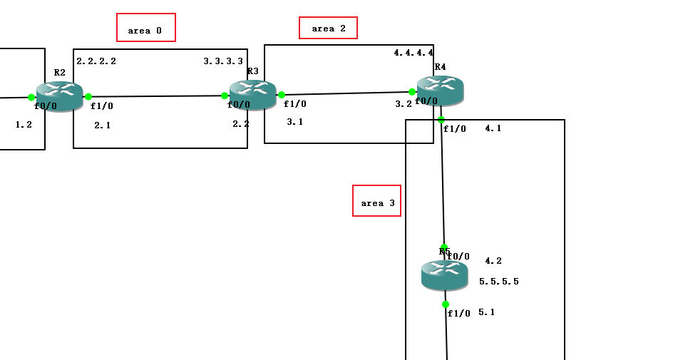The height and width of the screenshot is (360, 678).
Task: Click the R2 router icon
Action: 60,96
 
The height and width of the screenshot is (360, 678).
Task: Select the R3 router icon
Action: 253,95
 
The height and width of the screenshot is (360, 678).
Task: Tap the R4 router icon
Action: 441,90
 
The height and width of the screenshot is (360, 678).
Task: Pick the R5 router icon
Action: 445,274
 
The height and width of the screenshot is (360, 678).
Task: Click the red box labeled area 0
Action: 146,28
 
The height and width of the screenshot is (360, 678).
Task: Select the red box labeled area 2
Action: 328,28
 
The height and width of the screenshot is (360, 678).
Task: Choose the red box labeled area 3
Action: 377,201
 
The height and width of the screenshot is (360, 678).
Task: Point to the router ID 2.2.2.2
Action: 96,61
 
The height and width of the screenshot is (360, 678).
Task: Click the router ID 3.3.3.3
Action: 223,61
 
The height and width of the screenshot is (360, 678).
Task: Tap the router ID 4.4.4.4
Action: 414,53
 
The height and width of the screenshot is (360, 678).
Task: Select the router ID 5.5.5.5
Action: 499,282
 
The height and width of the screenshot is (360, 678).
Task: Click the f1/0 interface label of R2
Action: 102,106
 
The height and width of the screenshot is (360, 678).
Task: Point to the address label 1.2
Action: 24,124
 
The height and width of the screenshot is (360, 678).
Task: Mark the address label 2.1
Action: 103,125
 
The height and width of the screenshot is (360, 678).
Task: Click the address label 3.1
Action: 295,122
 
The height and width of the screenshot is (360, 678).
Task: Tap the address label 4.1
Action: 493,129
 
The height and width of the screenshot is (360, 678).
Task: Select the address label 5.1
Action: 487,312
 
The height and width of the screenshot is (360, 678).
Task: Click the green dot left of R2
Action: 31,98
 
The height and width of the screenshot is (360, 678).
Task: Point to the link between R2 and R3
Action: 157,96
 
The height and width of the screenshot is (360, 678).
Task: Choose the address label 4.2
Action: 493,261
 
